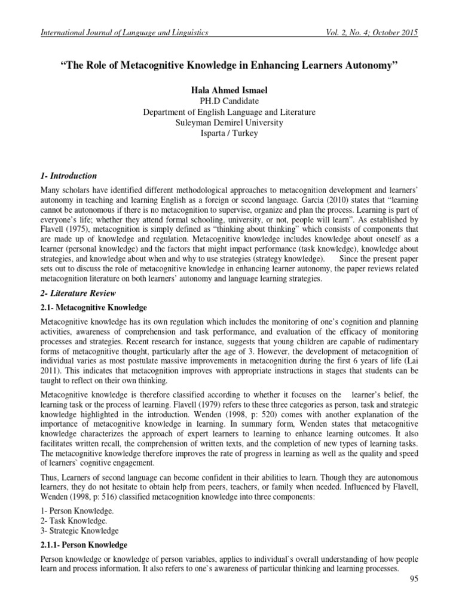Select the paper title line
[x=229, y=64]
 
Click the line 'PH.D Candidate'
[x=229, y=100]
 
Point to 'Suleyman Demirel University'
[x=229, y=123]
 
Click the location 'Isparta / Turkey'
[x=229, y=133]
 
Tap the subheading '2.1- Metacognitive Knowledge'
[x=84, y=307]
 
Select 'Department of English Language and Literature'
[x=229, y=112]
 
